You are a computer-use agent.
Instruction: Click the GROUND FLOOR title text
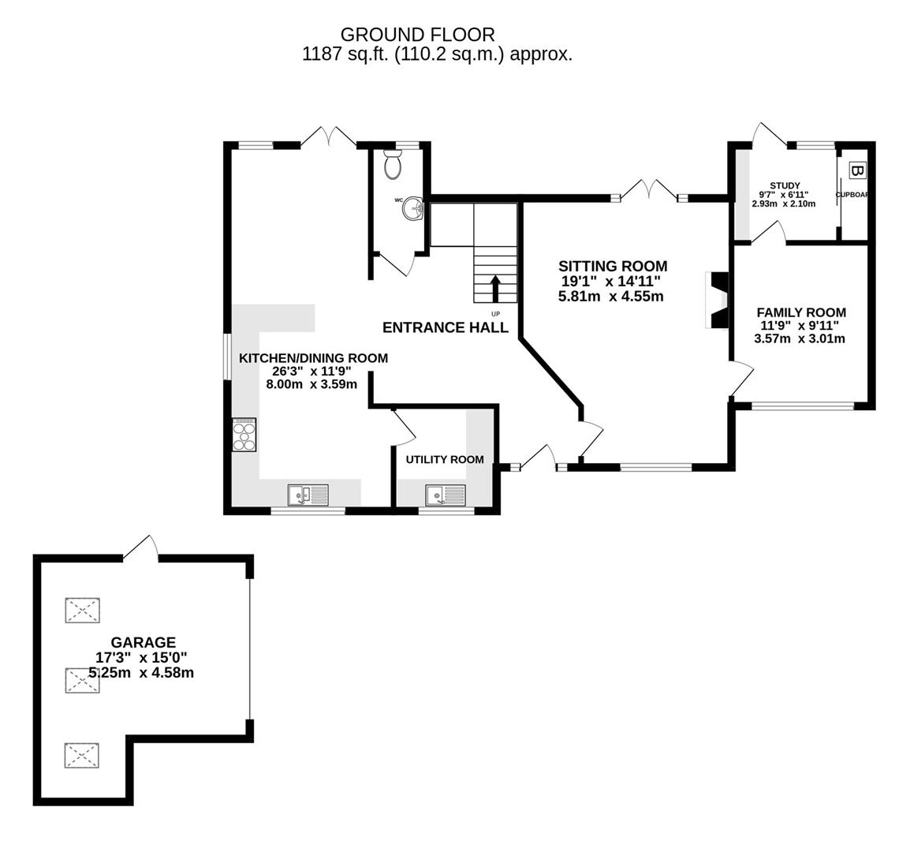tap(417, 35)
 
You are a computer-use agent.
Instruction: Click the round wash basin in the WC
tap(413, 210)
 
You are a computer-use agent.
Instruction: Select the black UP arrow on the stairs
tap(495, 289)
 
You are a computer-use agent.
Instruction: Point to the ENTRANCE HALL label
tap(446, 327)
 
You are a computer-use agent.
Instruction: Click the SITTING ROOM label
tap(613, 267)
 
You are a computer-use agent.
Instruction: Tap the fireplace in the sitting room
tap(717, 300)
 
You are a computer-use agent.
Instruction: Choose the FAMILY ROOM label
tap(801, 312)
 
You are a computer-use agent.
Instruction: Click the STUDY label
tap(785, 185)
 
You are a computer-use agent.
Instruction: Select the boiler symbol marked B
tap(857, 171)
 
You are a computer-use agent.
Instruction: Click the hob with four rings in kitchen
tap(245, 435)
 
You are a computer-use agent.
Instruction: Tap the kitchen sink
tap(308, 495)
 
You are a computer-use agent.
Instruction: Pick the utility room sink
tap(446, 495)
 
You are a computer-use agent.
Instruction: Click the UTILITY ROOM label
tap(445, 459)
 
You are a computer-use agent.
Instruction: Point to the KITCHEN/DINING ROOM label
tap(313, 358)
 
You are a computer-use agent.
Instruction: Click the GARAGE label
tap(143, 642)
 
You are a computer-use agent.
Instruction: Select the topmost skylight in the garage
tap(83, 611)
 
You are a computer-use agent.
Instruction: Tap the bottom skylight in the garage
tap(82, 755)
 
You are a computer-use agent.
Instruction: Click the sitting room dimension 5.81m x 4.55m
tap(610, 297)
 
